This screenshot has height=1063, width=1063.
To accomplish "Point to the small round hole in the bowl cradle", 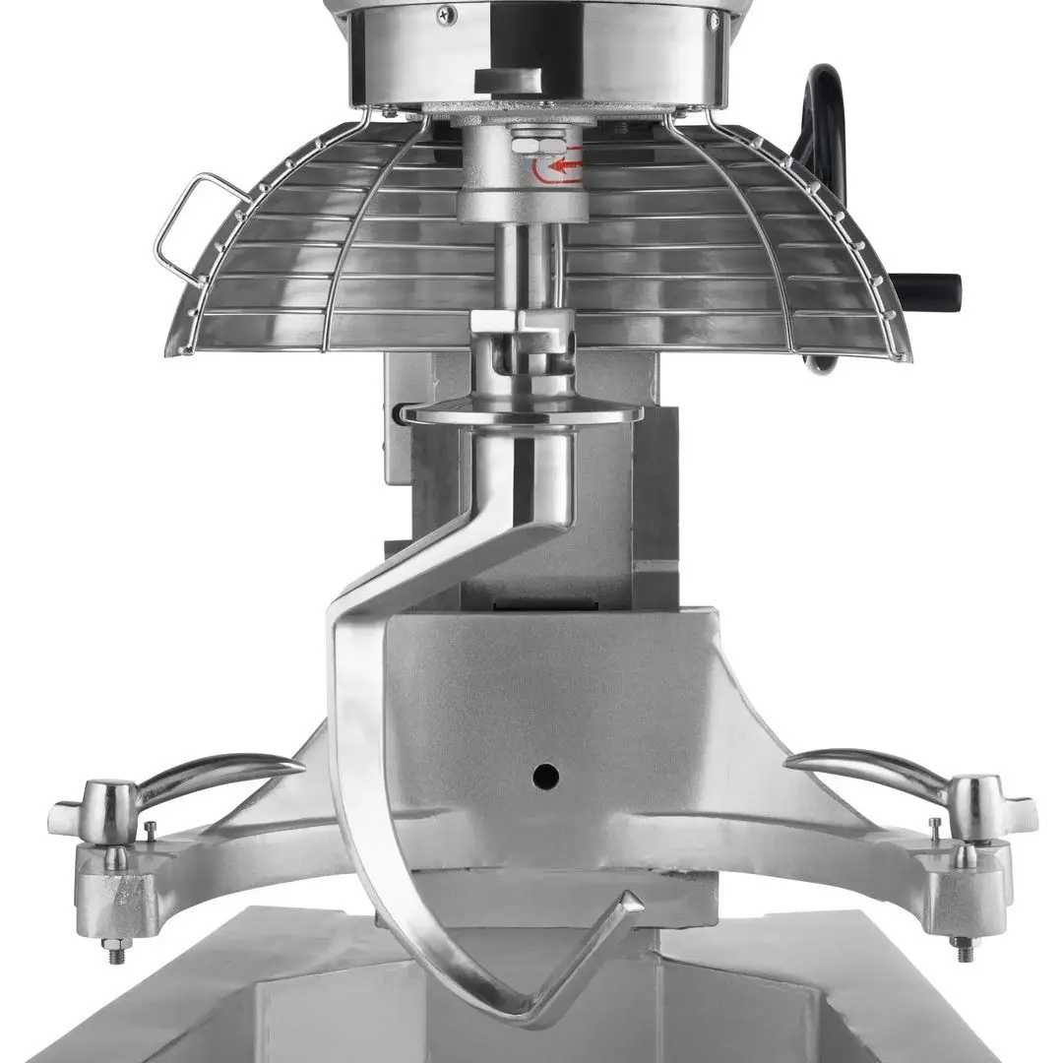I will coord(545,777).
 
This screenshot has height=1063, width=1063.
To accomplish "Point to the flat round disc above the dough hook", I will coord(522,414).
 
